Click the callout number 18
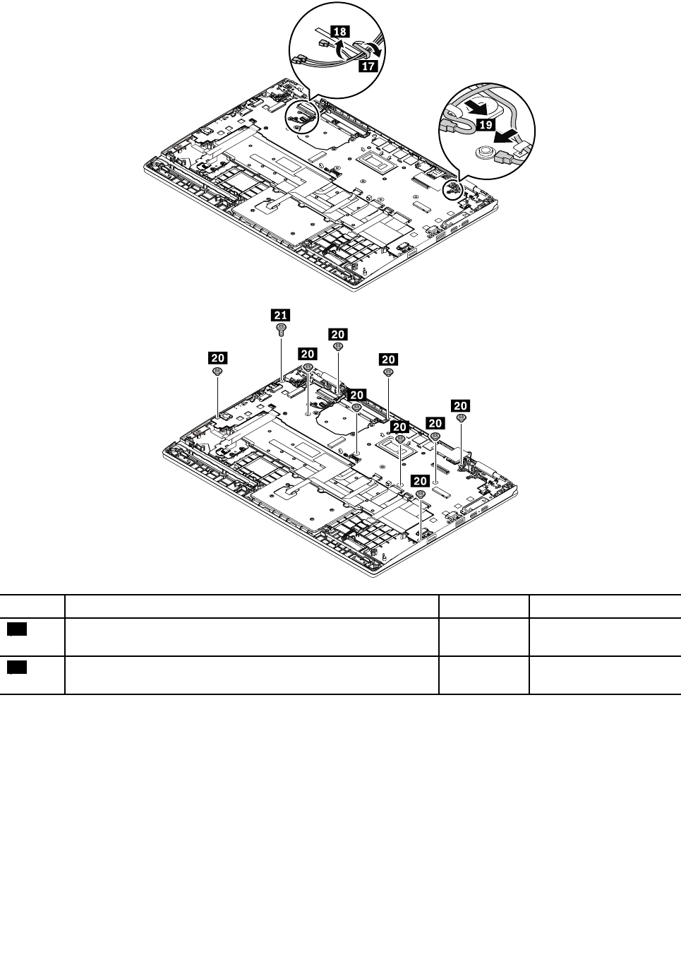tap(339, 31)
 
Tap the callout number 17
tap(367, 65)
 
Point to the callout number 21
tap(282, 314)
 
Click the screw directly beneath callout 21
tap(282, 328)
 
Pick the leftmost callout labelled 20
tap(217, 357)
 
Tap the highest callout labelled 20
tap(338, 333)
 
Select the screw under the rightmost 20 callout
tap(461, 418)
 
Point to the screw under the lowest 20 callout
tap(420, 494)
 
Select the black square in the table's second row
tap(18, 668)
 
